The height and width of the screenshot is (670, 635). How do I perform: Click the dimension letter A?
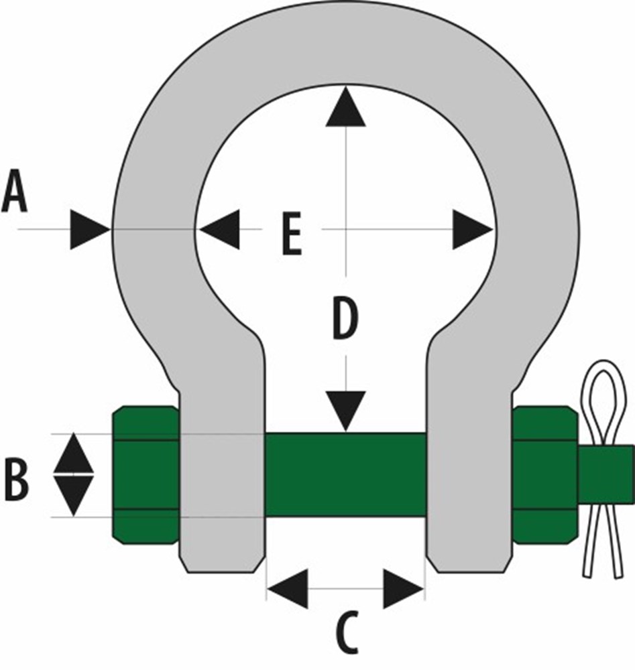tap(15, 190)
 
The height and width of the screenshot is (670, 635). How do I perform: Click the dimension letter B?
tap(17, 479)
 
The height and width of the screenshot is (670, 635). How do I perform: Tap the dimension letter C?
tap(345, 633)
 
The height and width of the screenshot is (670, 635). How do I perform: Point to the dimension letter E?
tap(292, 234)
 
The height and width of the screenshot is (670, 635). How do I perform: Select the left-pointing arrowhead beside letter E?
tap(219, 229)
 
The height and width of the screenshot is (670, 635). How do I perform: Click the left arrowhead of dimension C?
tap(288, 588)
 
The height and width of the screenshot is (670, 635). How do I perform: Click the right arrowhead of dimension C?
tap(403, 588)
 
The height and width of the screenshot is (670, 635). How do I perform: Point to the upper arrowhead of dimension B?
tap(74, 452)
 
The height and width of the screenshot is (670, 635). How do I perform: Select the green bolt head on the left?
tap(146, 474)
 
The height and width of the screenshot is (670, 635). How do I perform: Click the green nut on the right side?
tap(545, 474)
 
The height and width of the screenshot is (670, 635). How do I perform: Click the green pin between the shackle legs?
tap(346, 474)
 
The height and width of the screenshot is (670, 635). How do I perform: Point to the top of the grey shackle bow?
tap(345, 43)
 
